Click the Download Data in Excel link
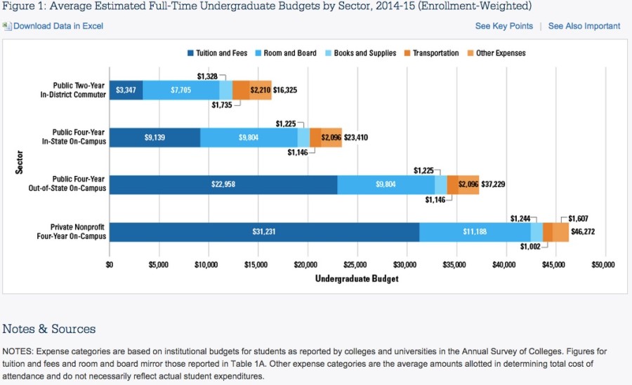tap(58, 26)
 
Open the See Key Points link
tap(503, 26)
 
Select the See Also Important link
tap(584, 26)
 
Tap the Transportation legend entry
tap(435, 53)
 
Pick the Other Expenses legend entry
tap(500, 53)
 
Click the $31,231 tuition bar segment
tap(264, 231)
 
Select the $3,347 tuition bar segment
tap(126, 90)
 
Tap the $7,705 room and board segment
tap(180, 90)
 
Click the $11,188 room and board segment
tap(475, 231)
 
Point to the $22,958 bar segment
tap(223, 184)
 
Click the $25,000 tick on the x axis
tap(356, 265)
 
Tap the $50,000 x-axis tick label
tap(603, 265)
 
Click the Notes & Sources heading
tap(49, 329)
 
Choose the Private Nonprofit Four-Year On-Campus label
tap(78, 231)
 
